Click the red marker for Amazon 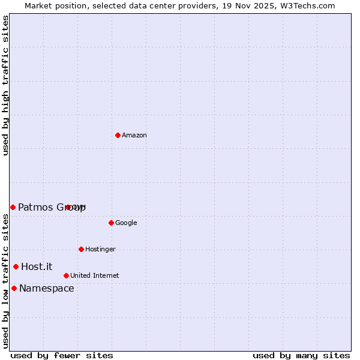[118, 135]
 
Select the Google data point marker [111, 223]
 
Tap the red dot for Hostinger [81, 249]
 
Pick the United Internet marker [66, 275]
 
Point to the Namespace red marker [14, 288]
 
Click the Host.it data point [16, 266]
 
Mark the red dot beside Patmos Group [13, 207]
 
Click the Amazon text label [134, 136]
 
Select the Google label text [126, 223]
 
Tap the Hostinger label [100, 250]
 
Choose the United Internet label [95, 276]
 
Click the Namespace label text [47, 289]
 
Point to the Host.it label [37, 267]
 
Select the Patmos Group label [52, 208]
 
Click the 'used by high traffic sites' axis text [6, 85]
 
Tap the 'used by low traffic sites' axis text [6, 281]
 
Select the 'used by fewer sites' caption [62, 355]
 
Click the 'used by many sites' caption [301, 355]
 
